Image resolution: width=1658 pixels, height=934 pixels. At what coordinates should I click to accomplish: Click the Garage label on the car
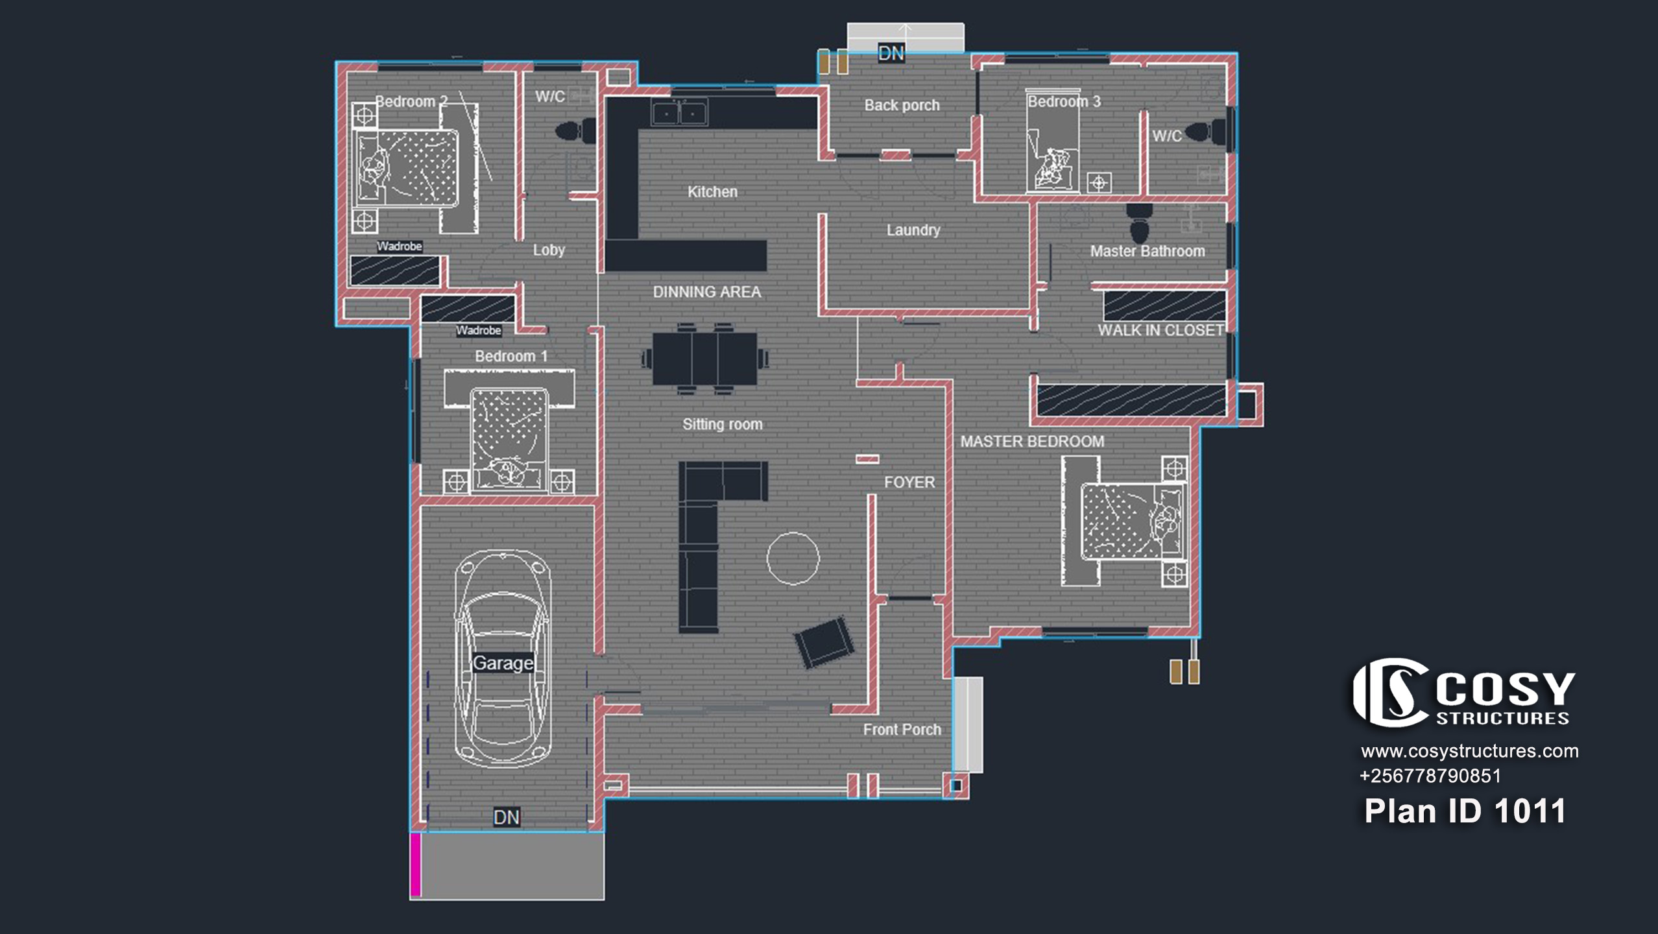pyautogui.click(x=503, y=663)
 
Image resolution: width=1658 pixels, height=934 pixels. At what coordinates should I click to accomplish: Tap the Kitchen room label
pyautogui.click(x=712, y=192)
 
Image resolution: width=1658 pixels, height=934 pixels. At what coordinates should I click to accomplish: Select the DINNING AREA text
pyautogui.click(x=707, y=292)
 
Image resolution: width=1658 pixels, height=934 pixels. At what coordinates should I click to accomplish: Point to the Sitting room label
pyautogui.click(x=723, y=424)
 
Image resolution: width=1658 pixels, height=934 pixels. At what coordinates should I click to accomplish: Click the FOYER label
pyautogui.click(x=909, y=483)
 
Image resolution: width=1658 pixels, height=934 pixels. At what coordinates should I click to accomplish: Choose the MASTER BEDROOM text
pyautogui.click(x=1032, y=442)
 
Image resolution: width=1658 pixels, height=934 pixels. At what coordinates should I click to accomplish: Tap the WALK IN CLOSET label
pyautogui.click(x=1160, y=330)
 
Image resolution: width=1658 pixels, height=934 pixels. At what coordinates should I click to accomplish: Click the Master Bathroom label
pyautogui.click(x=1147, y=251)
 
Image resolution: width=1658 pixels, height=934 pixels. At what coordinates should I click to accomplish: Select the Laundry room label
pyautogui.click(x=913, y=230)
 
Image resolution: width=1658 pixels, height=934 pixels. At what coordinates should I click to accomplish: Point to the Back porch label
pyautogui.click(x=902, y=105)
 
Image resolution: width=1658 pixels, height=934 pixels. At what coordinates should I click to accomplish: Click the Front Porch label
pyautogui.click(x=902, y=730)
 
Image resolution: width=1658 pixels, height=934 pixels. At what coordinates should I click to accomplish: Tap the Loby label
pyautogui.click(x=549, y=250)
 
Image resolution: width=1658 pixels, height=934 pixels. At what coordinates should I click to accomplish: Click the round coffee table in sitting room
pyautogui.click(x=793, y=558)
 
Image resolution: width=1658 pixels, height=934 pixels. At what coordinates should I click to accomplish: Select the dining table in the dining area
pyautogui.click(x=705, y=359)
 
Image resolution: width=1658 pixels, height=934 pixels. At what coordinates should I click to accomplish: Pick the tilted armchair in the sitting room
pyautogui.click(x=824, y=642)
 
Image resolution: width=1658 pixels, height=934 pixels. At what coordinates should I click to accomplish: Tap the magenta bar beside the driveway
pyautogui.click(x=416, y=865)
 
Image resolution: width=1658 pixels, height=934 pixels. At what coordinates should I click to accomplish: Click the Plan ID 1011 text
pyautogui.click(x=1465, y=811)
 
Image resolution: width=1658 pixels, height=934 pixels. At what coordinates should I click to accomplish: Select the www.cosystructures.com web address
pyautogui.click(x=1469, y=751)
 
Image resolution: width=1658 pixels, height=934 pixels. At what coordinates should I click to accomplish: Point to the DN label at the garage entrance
pyautogui.click(x=507, y=817)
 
